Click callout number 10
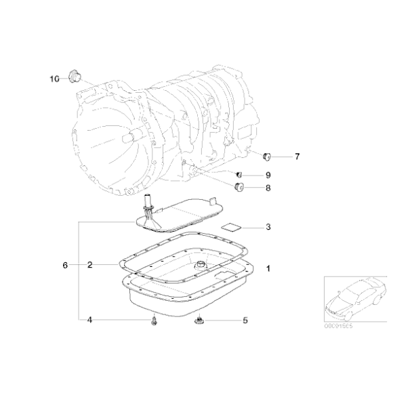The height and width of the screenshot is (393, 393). pos(54,79)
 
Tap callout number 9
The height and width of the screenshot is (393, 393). pos(268,175)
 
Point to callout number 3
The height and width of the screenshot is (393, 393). pos(268,227)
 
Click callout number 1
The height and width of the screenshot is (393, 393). pos(268,269)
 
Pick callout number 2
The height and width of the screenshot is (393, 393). pos(89,265)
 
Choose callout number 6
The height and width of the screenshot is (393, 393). pos(65,265)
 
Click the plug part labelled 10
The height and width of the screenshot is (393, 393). pos(75,75)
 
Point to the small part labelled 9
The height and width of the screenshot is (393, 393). pos(239,175)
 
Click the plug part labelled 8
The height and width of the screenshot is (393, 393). pos(239,188)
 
